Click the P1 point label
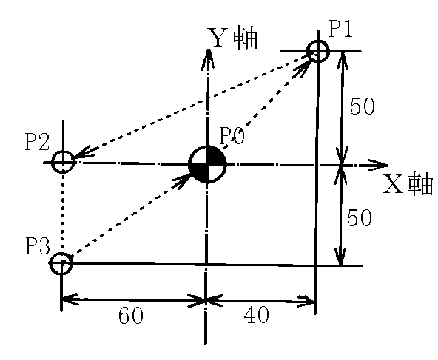[x=341, y=29]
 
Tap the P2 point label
[x=37, y=142]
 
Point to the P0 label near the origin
[x=232, y=136]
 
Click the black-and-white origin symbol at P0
[x=207, y=164]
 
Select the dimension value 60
[x=131, y=316]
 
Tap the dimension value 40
[x=257, y=314]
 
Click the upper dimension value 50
[x=363, y=106]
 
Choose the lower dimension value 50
[x=360, y=217]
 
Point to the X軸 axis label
[x=408, y=184]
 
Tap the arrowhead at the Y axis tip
[x=208, y=58]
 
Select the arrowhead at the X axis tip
[x=378, y=165]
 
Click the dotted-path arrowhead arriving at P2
[x=85, y=154]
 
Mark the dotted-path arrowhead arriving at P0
[x=182, y=180]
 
